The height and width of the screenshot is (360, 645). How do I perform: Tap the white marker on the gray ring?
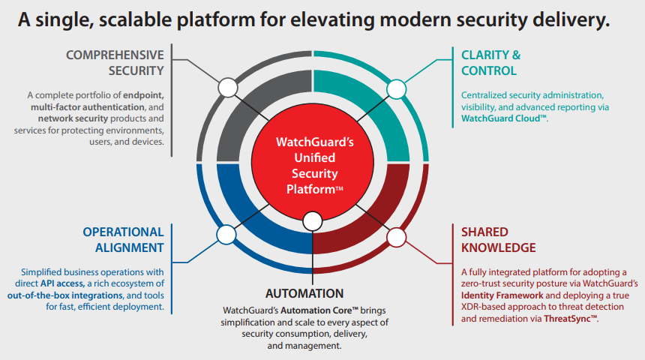(x=228, y=88)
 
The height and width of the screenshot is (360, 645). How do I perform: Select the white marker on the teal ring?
(x=397, y=89)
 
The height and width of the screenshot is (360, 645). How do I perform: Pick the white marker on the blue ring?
(x=226, y=235)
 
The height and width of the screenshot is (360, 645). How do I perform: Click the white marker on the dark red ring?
(x=397, y=238)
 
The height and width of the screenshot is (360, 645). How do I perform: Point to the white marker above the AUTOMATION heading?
(x=313, y=221)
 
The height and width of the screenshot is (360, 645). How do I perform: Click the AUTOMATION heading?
(x=304, y=293)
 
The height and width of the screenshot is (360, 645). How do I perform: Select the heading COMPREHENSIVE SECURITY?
(x=115, y=63)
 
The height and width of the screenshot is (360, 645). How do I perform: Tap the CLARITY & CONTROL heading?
(x=490, y=63)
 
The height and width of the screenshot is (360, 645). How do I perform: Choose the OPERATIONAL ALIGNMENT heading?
(x=124, y=240)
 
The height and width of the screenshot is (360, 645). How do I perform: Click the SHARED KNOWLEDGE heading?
(x=499, y=240)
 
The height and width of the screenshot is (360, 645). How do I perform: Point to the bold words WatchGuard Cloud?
(x=504, y=118)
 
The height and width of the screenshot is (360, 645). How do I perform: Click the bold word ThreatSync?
(x=570, y=319)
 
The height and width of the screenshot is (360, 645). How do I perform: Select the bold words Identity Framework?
(x=502, y=295)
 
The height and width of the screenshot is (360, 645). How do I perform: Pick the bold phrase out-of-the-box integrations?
(x=65, y=295)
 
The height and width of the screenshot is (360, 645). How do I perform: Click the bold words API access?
(x=62, y=283)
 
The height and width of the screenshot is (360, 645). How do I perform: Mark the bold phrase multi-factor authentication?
(x=88, y=107)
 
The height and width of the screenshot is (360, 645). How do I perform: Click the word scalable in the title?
(x=134, y=19)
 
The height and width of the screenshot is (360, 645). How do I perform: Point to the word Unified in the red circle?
(x=315, y=157)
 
